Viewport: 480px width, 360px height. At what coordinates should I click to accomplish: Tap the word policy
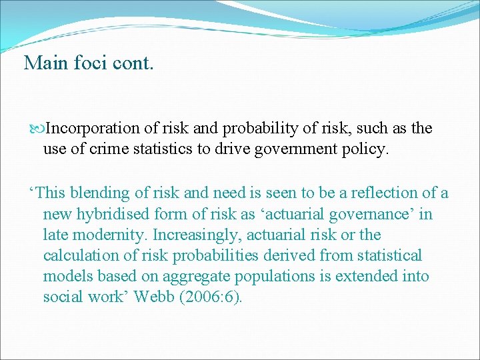coord(364,149)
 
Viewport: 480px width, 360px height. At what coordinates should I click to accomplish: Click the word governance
coord(373,214)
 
